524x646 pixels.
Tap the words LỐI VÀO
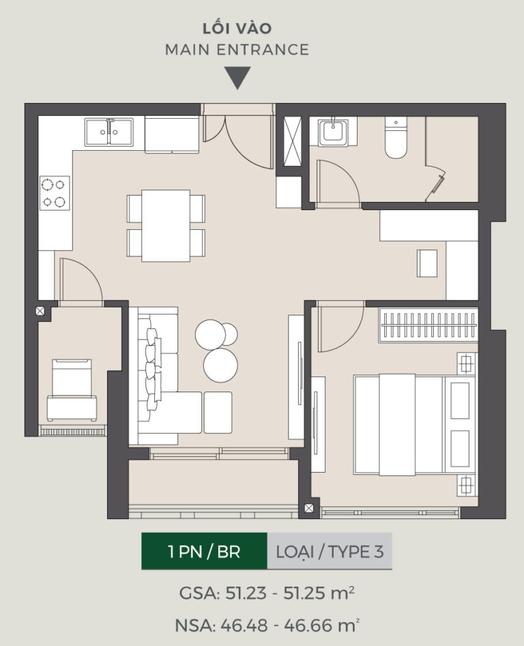point(237,28)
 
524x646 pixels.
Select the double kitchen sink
point(109,132)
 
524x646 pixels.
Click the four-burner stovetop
point(55,193)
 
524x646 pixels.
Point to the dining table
point(166,225)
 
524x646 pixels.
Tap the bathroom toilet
point(396,137)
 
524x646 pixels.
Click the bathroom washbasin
point(333,132)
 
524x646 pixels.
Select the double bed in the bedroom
point(414,424)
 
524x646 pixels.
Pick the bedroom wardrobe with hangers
point(428,325)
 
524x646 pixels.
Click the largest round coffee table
point(220,366)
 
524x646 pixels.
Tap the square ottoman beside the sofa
point(218,413)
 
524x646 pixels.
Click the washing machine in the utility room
point(72,390)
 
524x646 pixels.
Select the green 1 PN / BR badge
point(204,551)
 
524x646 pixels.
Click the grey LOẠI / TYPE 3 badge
point(330,551)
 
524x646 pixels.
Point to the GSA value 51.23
point(246,593)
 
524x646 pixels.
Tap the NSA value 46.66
point(308,626)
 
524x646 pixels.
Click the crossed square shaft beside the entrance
point(293,141)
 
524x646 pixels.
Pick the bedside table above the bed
point(466,364)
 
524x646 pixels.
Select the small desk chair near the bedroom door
point(427,263)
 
